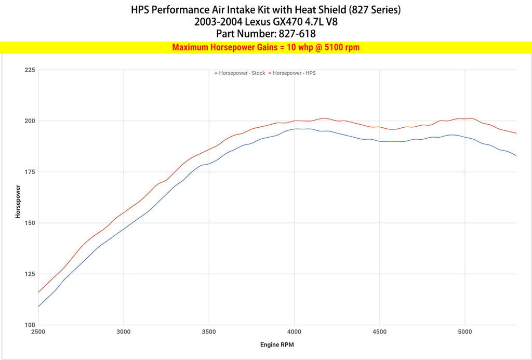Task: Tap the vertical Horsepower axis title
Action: (18, 201)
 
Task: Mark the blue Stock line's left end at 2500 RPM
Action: (39, 306)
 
